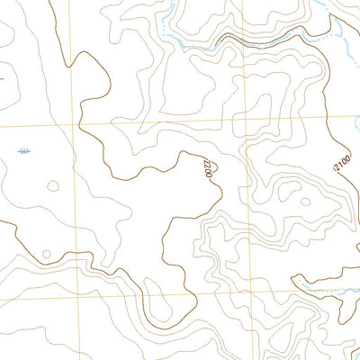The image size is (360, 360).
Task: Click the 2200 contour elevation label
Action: [x=208, y=167]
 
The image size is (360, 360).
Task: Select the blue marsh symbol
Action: [x=24, y=150]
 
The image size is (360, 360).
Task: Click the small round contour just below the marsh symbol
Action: [x=52, y=186]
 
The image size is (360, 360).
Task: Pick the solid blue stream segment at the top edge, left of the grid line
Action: [x=171, y=11]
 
